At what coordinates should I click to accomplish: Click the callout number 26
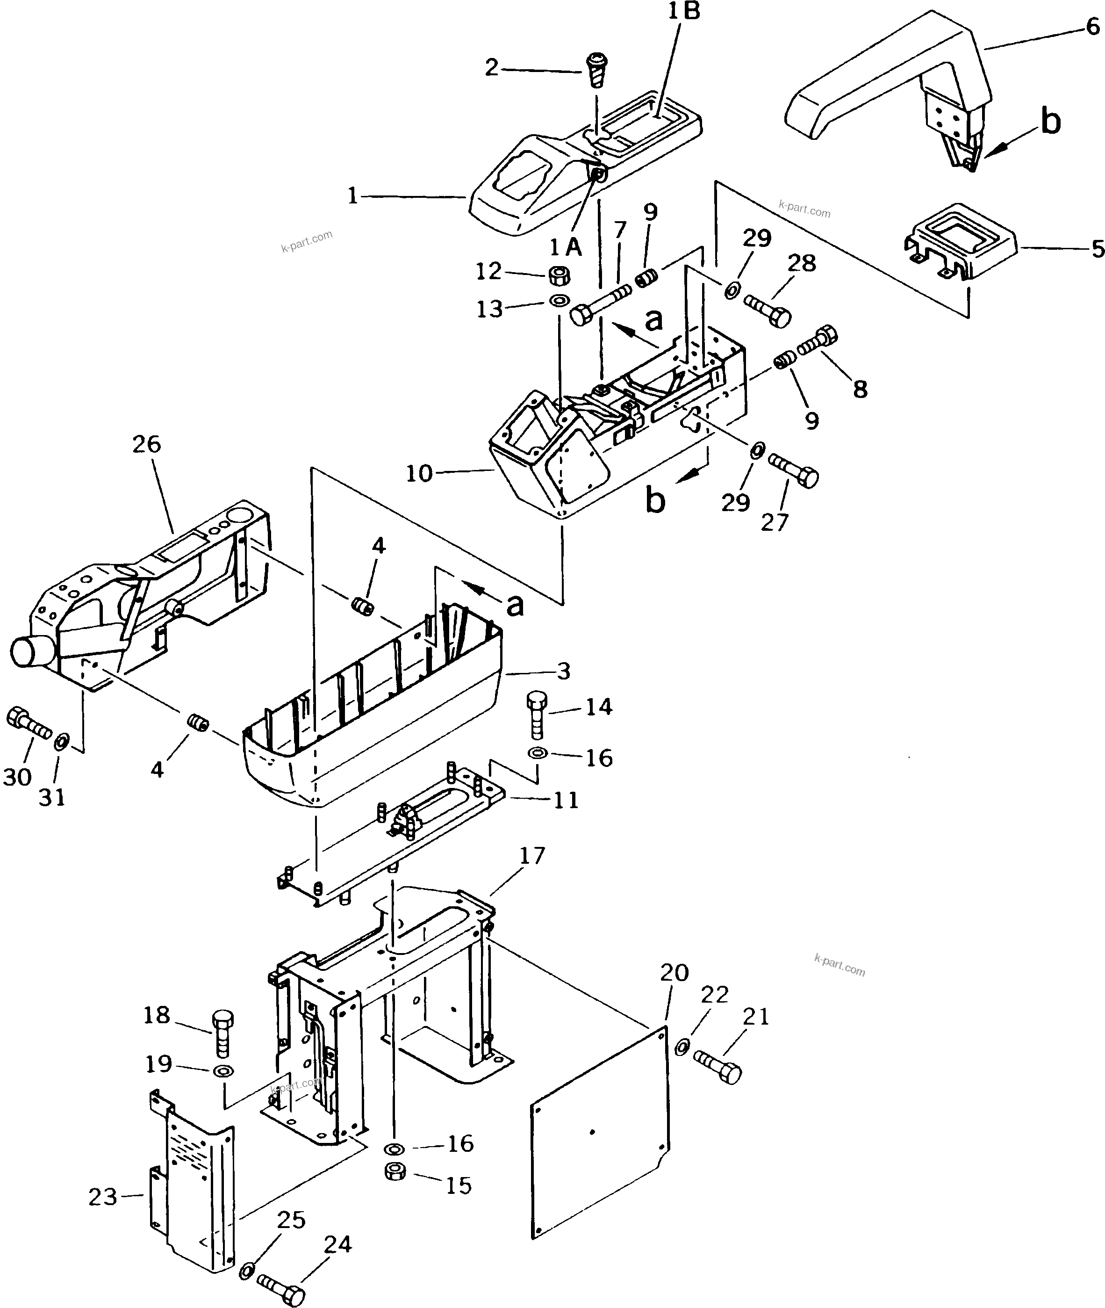[x=147, y=444]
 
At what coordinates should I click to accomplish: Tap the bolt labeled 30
[x=28, y=724]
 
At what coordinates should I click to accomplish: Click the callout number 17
[x=532, y=855]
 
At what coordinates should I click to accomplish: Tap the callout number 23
[x=103, y=1197]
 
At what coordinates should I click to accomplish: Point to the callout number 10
[x=419, y=473]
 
